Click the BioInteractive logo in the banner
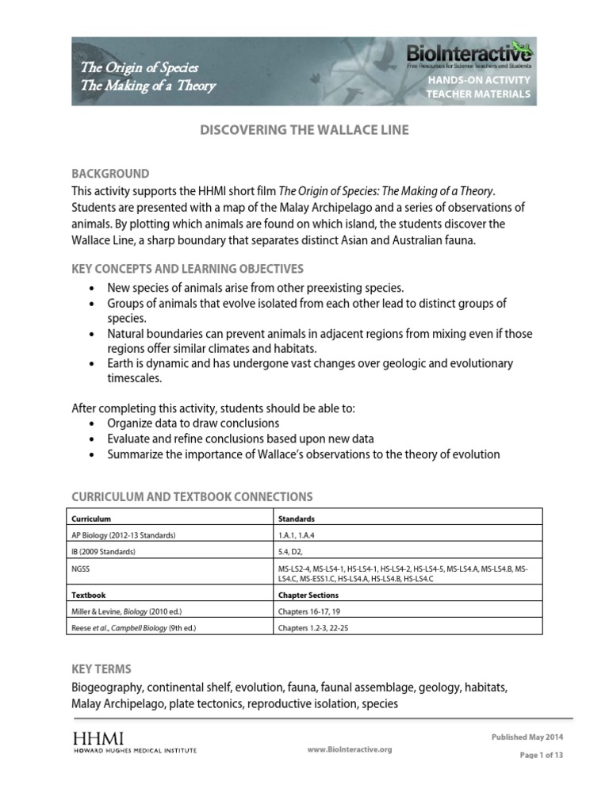[469, 55]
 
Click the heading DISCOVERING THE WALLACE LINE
[304, 130]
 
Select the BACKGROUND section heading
[110, 174]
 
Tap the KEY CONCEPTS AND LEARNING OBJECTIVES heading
[187, 269]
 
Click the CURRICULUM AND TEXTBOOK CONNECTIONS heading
[192, 496]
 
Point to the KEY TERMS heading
[101, 668]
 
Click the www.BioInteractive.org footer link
[348, 749]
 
